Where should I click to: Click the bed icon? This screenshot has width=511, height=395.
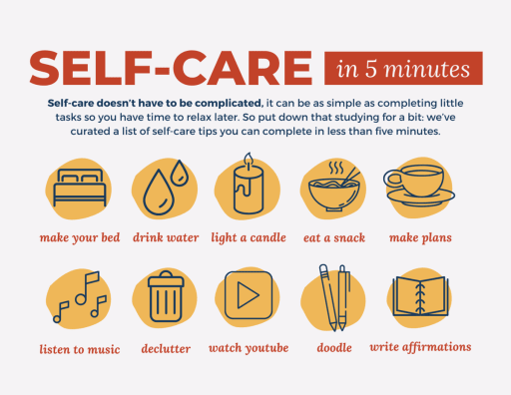click(x=80, y=188)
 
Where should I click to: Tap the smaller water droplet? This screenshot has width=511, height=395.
click(x=180, y=174)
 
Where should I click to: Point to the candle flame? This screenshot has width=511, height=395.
click(x=249, y=159)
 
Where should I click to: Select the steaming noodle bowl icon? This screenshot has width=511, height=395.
click(x=334, y=187)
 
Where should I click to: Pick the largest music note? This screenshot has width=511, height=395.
click(x=87, y=288)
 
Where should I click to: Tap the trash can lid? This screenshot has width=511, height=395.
click(x=166, y=279)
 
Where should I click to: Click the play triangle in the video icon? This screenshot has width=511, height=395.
click(x=248, y=295)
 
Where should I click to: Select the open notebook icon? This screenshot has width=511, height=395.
click(x=420, y=296)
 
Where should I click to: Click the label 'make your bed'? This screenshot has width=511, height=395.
click(x=80, y=237)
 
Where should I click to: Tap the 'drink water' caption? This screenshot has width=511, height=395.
click(x=166, y=237)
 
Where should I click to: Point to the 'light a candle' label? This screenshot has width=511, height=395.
click(x=249, y=237)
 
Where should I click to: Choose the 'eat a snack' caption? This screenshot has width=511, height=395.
click(x=334, y=238)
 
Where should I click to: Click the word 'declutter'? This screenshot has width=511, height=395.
click(x=166, y=349)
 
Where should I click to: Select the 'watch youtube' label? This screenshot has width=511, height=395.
click(x=249, y=348)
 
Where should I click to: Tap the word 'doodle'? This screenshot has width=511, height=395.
click(x=334, y=348)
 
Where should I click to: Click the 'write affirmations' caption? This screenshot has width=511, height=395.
click(x=420, y=347)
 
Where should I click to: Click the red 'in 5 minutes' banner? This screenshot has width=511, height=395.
click(x=403, y=68)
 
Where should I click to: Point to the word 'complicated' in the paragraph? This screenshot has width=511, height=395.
click(x=229, y=104)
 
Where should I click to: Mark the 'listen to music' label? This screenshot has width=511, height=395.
click(x=80, y=349)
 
